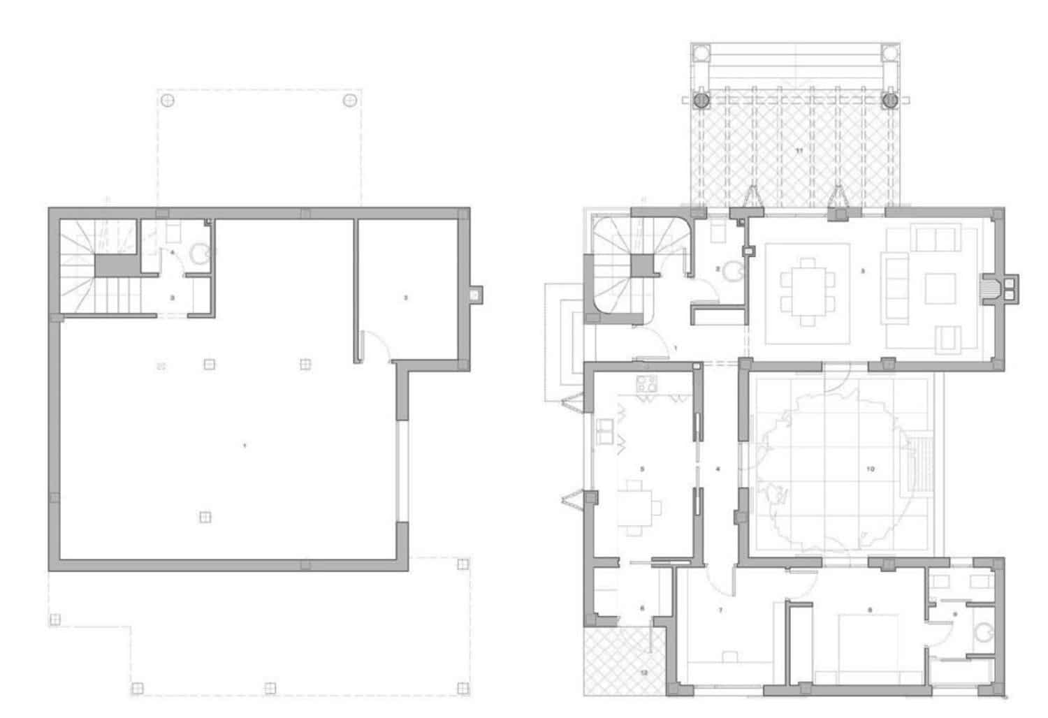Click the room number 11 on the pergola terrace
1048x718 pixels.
[x=799, y=150]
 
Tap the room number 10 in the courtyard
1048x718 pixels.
[x=870, y=469]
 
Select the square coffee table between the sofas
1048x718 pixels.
[x=940, y=288]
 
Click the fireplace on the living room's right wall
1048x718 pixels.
[x=990, y=288]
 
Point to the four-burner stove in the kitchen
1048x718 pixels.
[x=647, y=383]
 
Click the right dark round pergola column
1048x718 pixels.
[x=889, y=100]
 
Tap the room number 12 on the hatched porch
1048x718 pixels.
[x=643, y=673]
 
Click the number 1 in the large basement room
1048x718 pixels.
[x=244, y=445]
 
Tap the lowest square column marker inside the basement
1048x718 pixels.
[x=205, y=517]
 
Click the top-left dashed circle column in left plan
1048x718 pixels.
[x=168, y=101]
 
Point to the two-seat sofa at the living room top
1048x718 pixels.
[x=936, y=239]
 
